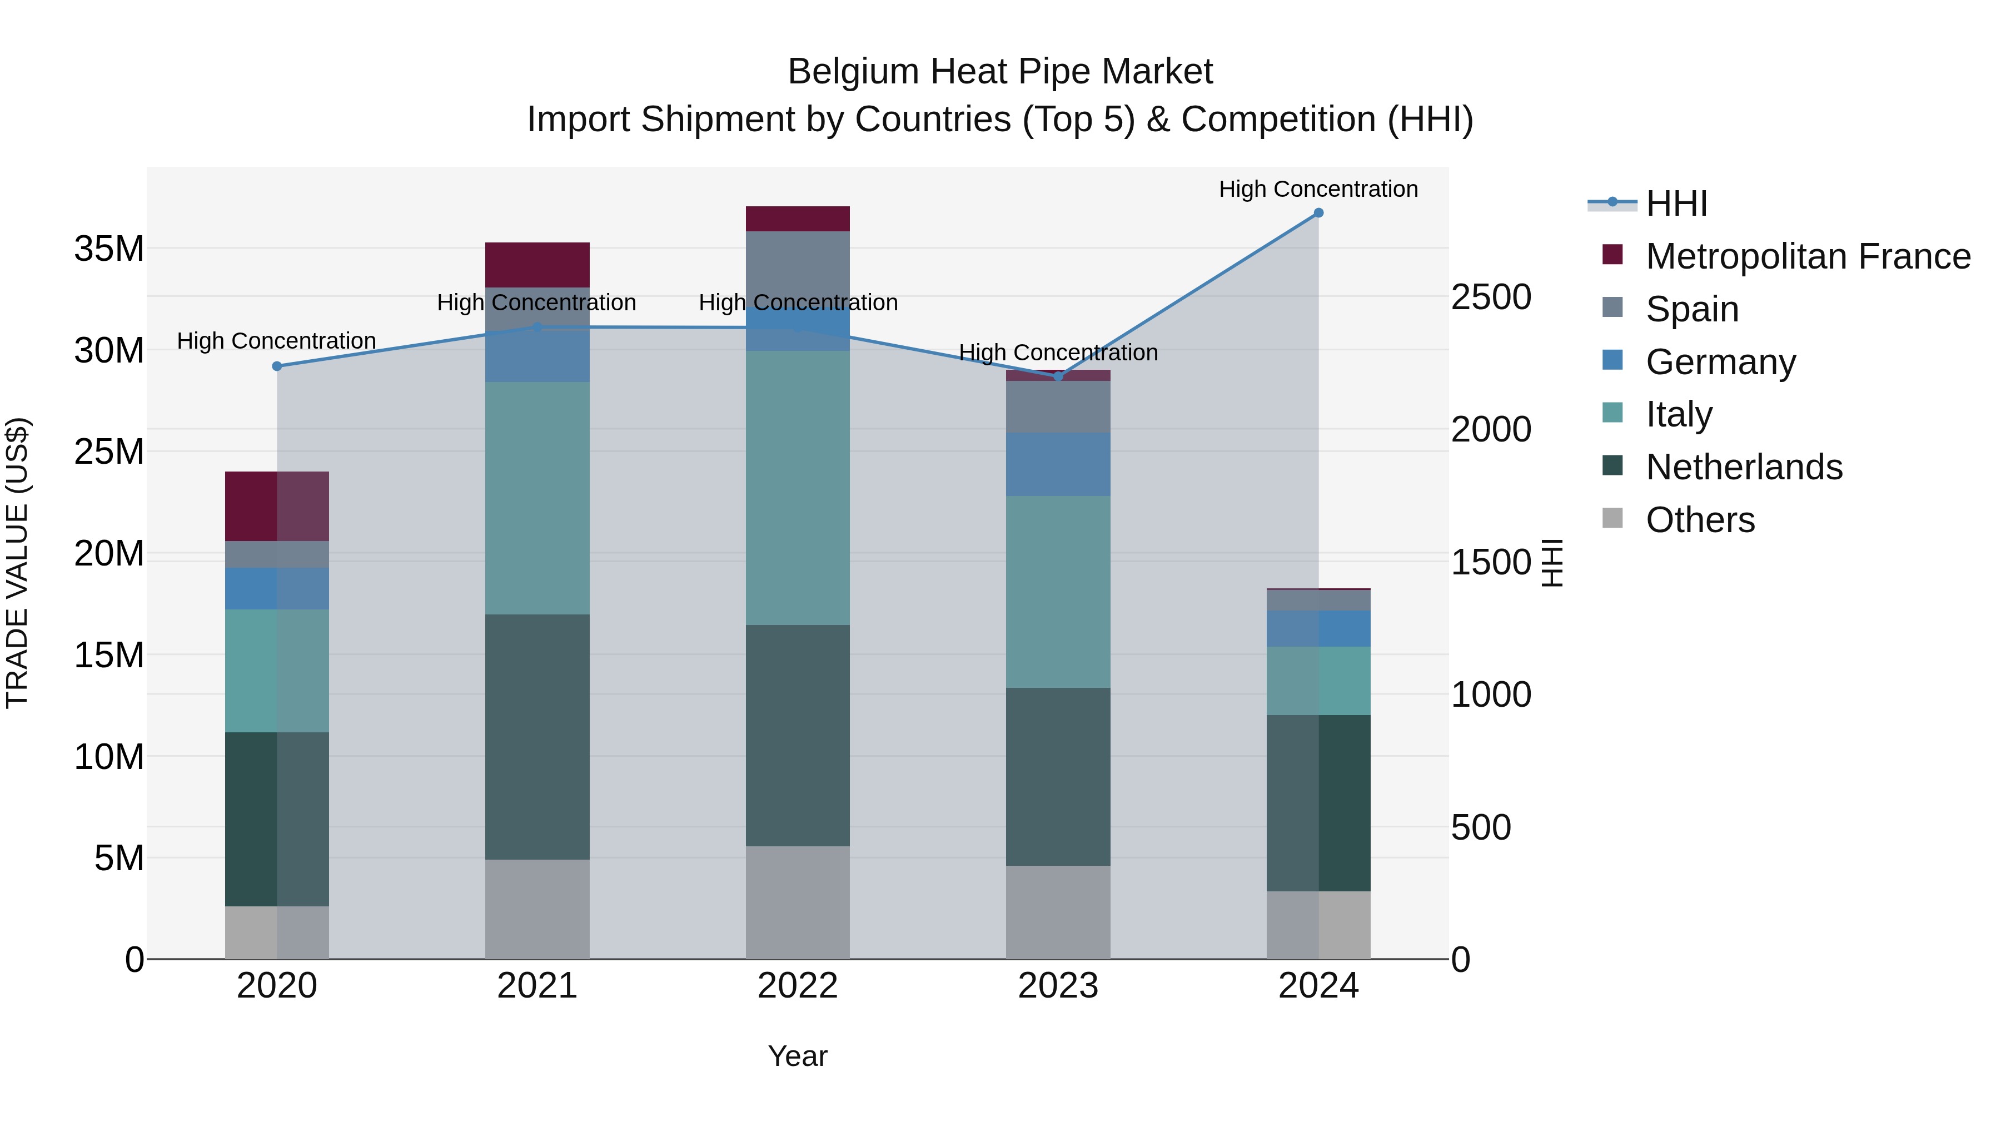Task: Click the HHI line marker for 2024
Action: pos(1318,213)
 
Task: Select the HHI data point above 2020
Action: pos(277,366)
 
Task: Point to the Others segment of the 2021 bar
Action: pos(537,909)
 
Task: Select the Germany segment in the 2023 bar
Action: pos(1058,464)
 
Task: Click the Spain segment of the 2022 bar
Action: pos(798,260)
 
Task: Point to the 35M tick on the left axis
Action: pos(109,249)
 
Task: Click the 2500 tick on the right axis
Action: pos(1491,297)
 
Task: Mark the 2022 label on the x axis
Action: pos(798,986)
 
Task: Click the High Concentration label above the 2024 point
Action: pos(1318,189)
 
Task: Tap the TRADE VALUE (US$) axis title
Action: pos(18,563)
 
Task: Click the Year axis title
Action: pos(798,1056)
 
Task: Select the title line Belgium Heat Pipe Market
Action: pos(1000,72)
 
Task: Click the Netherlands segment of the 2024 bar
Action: pos(1318,803)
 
